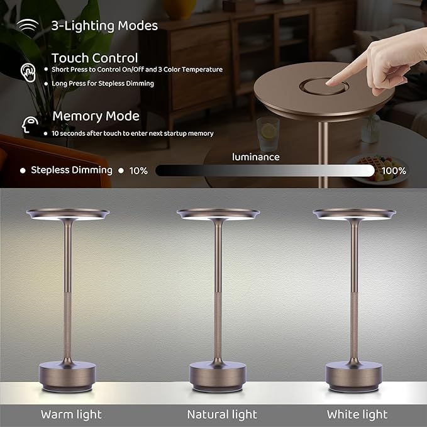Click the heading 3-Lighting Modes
(104, 26)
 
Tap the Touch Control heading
(95, 58)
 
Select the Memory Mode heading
(96, 116)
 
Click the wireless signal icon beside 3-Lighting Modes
(27, 26)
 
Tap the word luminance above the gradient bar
(256, 157)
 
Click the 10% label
(138, 170)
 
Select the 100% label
(394, 170)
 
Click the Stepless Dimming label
(71, 170)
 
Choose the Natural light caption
(222, 414)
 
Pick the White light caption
(357, 414)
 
